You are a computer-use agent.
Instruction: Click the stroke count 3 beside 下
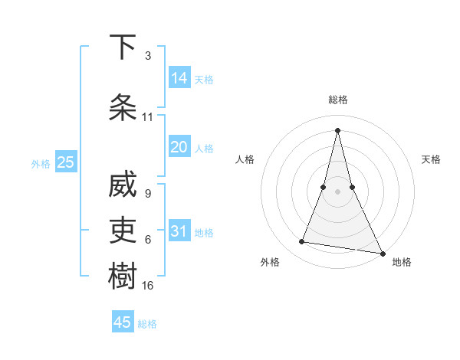point(147,56)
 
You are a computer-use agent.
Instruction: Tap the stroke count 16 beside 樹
point(149,285)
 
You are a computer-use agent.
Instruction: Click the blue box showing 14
point(179,77)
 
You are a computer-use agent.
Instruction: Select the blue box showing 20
point(179,147)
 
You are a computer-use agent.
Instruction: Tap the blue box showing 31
point(179,231)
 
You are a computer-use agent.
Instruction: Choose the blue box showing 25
point(65,162)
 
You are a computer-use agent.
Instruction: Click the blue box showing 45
point(123,322)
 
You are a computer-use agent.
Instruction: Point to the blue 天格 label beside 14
point(204,80)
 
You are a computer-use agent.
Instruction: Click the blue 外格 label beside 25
point(41,164)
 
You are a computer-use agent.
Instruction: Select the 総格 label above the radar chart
point(338,100)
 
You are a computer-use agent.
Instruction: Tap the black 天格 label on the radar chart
point(432,159)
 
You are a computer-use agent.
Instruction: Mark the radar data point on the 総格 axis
point(338,129)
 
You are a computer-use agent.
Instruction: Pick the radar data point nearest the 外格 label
point(302,242)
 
